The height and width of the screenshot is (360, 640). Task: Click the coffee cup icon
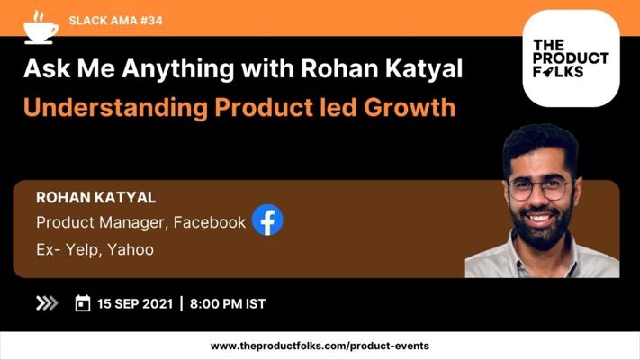coord(41,28)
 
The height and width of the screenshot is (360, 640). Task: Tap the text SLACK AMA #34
coord(115,21)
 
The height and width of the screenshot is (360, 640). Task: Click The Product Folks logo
coord(571,58)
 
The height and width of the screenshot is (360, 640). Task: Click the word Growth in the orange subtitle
coord(410,107)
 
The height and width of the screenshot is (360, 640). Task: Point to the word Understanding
coord(115,108)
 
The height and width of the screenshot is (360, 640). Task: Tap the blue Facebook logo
coord(267,220)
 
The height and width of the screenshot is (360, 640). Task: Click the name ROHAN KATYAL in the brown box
coord(96,198)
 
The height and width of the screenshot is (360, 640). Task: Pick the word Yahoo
coord(131,249)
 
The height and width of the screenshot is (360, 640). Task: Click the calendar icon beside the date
coord(83,303)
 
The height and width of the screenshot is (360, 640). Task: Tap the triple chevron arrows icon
coord(47,303)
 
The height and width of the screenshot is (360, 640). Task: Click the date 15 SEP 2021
coord(135,303)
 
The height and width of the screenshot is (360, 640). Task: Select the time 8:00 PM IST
coord(228,303)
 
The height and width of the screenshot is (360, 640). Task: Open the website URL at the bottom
coord(320,346)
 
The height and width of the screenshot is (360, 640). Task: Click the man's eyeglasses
coord(539,189)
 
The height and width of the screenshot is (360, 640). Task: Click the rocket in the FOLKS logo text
coord(548,72)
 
